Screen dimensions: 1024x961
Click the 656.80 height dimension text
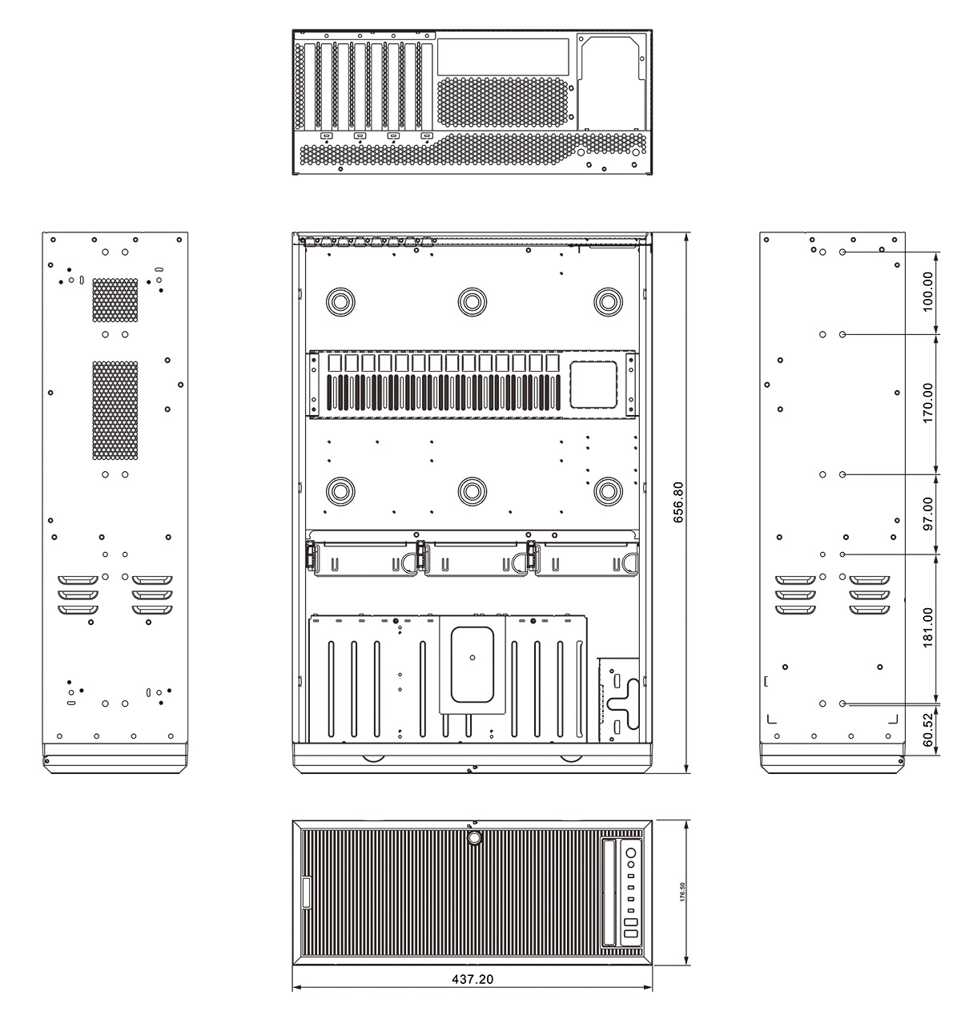click(679, 502)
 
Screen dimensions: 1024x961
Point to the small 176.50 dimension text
click(682, 893)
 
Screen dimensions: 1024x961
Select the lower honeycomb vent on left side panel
click(115, 411)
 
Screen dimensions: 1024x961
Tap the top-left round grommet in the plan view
click(339, 301)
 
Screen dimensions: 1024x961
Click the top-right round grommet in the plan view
click(608, 301)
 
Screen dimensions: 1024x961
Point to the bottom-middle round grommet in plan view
click(473, 490)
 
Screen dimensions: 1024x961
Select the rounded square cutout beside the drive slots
click(593, 385)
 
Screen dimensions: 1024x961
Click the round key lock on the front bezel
click(474, 838)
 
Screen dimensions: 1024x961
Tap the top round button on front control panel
click(631, 852)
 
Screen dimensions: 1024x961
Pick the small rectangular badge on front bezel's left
click(305, 893)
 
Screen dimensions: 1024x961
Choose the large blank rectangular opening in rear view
click(504, 54)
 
